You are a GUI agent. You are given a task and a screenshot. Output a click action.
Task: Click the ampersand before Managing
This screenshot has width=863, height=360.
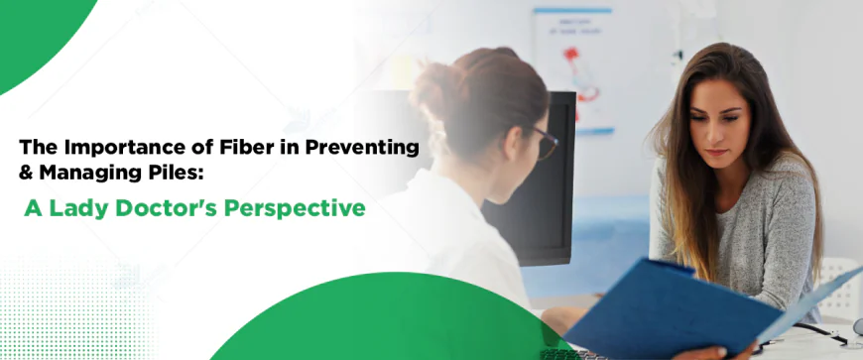click(27, 173)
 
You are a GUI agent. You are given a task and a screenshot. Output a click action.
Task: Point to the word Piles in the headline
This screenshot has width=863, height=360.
click(178, 173)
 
